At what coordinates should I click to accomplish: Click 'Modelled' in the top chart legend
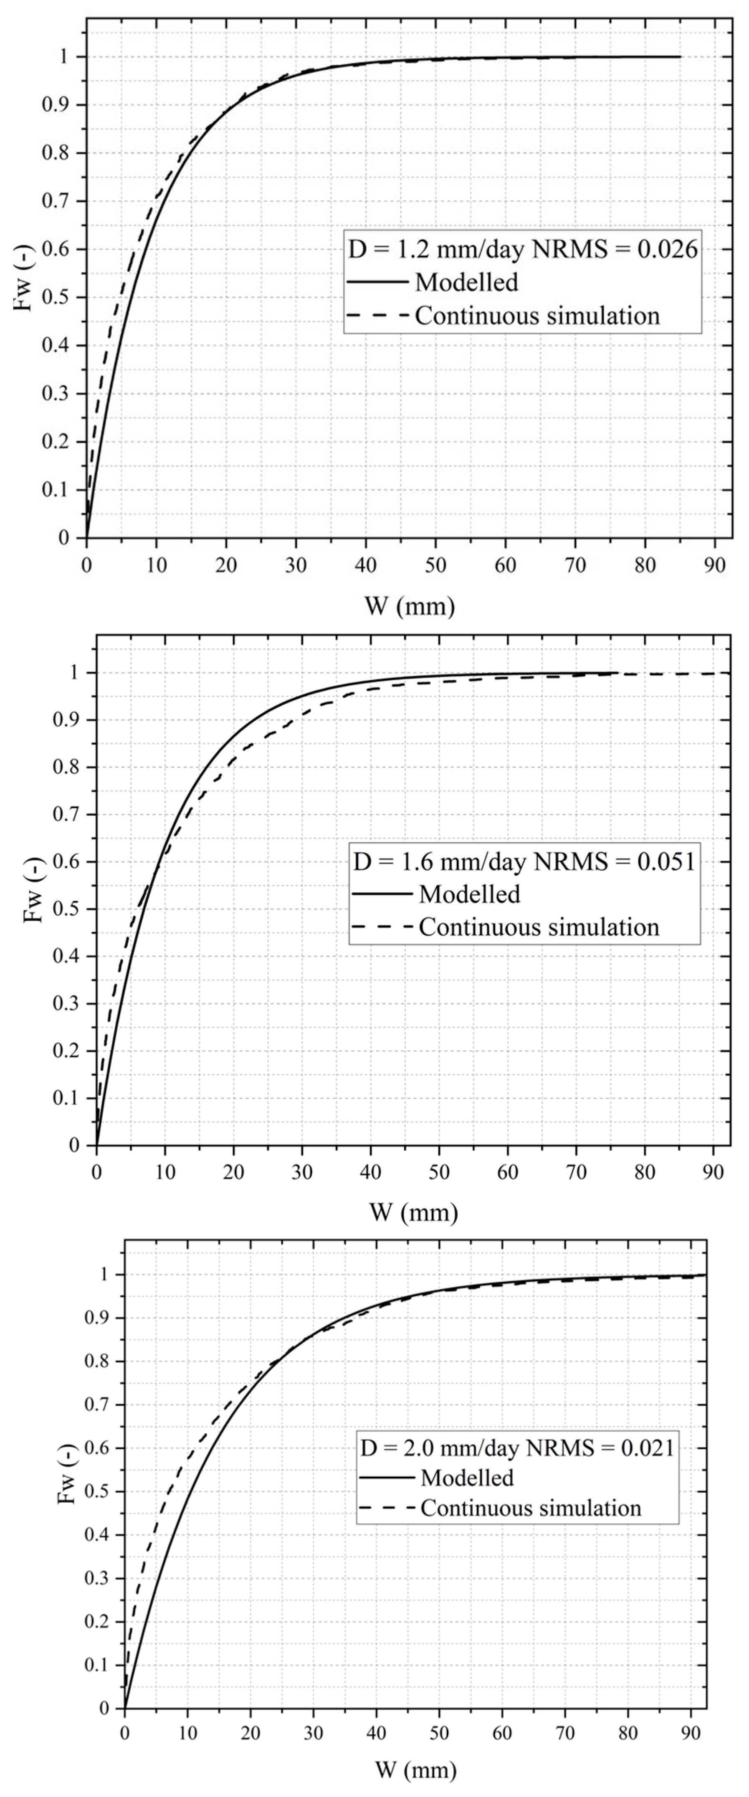click(x=466, y=283)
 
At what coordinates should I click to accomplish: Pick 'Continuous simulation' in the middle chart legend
click(x=539, y=927)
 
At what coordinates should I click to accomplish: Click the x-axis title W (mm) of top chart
click(x=410, y=606)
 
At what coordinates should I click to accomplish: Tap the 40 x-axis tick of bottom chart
click(x=376, y=1733)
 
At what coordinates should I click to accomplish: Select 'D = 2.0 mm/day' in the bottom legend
click(x=439, y=1447)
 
